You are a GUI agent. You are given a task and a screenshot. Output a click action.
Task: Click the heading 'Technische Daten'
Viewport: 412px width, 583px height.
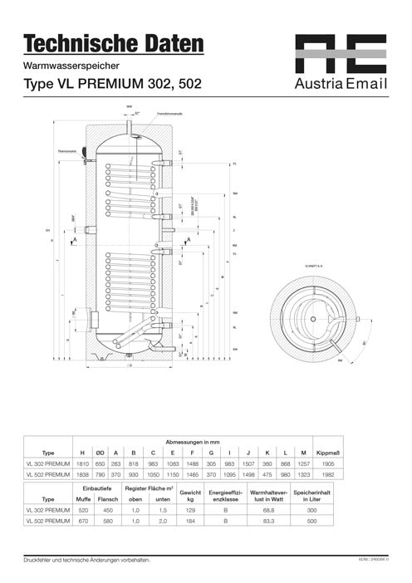113,42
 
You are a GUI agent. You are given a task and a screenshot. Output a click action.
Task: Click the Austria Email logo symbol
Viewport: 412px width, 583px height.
341,54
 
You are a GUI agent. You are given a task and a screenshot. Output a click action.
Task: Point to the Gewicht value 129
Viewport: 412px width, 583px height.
190,509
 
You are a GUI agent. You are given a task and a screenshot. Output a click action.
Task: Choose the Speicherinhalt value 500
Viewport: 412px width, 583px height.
311,520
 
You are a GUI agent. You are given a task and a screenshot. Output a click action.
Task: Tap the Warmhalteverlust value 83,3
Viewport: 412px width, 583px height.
268,520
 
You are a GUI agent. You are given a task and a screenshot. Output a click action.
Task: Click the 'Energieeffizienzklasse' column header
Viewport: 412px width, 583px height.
227,494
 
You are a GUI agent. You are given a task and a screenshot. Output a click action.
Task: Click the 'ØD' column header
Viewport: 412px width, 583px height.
101,453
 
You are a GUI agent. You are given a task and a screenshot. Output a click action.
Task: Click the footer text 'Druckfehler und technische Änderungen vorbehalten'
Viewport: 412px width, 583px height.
87,561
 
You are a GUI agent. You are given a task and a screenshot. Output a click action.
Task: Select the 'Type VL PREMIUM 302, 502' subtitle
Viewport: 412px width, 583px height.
111,84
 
